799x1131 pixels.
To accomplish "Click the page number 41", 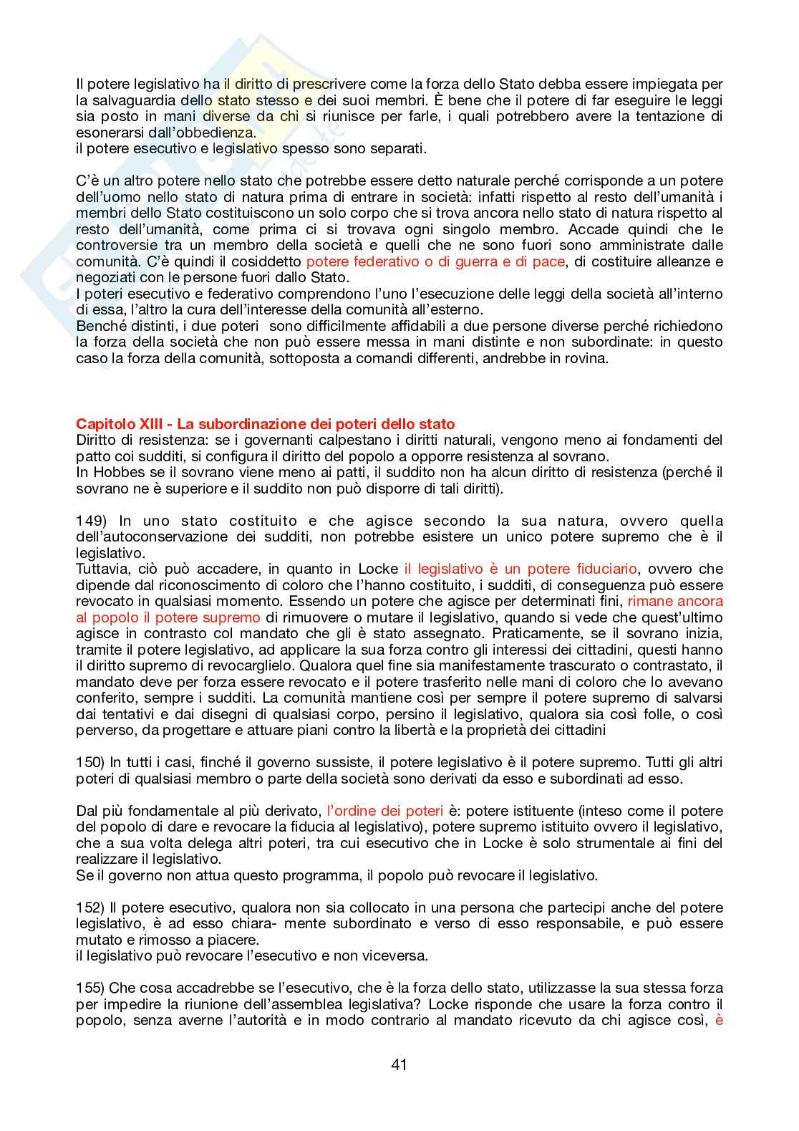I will pyautogui.click(x=399, y=1065).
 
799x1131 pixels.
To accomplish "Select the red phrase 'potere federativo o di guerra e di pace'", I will pyautogui.click(x=435, y=262).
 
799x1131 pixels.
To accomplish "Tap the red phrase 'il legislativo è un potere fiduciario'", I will pyautogui.click(x=520, y=569).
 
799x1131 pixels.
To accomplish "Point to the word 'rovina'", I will pyautogui.click(x=583, y=359).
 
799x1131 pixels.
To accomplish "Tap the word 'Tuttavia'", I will pyautogui.click(x=102, y=569).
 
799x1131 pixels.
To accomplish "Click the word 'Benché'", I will pyautogui.click(x=99, y=327).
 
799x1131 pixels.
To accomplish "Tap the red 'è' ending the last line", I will pyautogui.click(x=719, y=1021).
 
